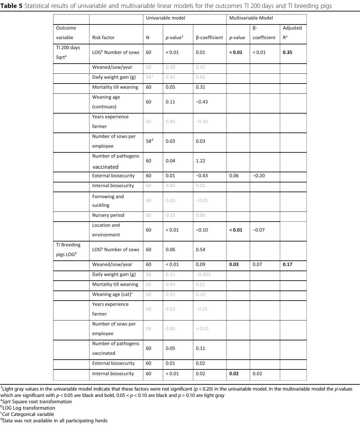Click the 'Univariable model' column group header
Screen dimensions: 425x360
(165, 18)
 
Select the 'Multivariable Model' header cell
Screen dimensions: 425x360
(251, 18)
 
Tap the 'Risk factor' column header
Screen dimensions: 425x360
(103, 37)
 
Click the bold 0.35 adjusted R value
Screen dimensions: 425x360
(287, 52)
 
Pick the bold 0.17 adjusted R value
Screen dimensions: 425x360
(287, 265)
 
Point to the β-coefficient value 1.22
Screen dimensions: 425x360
(201, 161)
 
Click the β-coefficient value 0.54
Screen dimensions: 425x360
(201, 250)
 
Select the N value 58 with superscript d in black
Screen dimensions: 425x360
(150, 141)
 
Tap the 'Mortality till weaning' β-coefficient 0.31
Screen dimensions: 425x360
(201, 87)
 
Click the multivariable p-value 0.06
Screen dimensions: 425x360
(234, 175)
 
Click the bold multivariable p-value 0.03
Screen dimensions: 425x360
(234, 265)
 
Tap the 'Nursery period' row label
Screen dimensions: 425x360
(108, 215)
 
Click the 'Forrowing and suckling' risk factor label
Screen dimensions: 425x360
(108, 201)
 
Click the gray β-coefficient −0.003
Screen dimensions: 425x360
(203, 274)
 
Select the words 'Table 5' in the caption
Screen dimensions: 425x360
(11, 6)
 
